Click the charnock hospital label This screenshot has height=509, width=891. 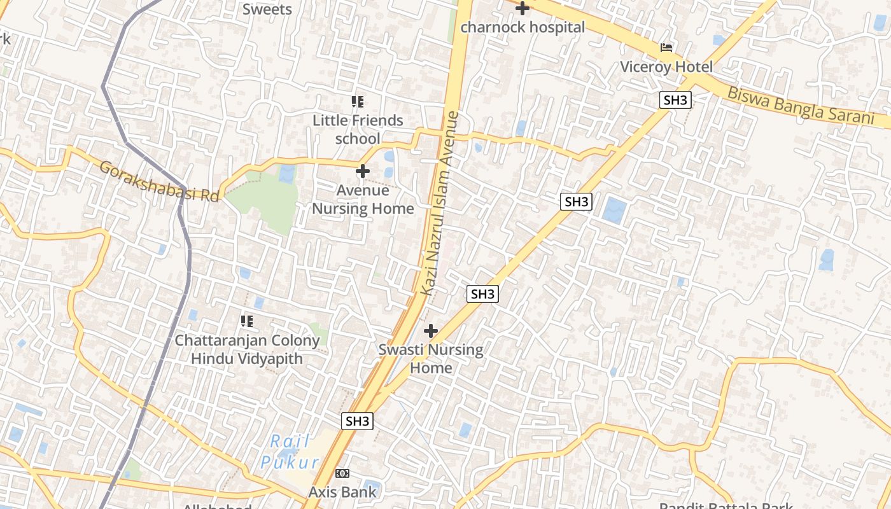[523, 27]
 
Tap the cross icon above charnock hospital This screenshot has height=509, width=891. [523, 9]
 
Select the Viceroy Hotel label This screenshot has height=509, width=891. [666, 67]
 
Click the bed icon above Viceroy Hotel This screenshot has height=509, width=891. [666, 48]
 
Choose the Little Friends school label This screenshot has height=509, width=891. [358, 129]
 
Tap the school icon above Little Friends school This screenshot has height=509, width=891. [358, 102]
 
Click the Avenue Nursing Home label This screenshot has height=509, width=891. [363, 199]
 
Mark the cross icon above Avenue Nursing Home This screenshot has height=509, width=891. [363, 171]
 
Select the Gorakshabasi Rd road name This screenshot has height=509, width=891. [159, 182]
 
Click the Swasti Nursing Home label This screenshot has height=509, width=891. [431, 358]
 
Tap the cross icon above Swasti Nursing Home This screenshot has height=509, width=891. [431, 331]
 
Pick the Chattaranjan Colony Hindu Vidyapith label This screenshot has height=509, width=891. [247, 349]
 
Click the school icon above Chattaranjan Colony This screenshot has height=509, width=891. [247, 321]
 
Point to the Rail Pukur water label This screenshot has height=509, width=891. [290, 452]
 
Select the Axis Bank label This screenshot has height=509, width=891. [342, 492]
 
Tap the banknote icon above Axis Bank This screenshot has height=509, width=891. [342, 473]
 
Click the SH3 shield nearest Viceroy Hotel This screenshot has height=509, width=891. [675, 100]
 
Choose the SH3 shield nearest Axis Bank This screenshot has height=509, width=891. [357, 421]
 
